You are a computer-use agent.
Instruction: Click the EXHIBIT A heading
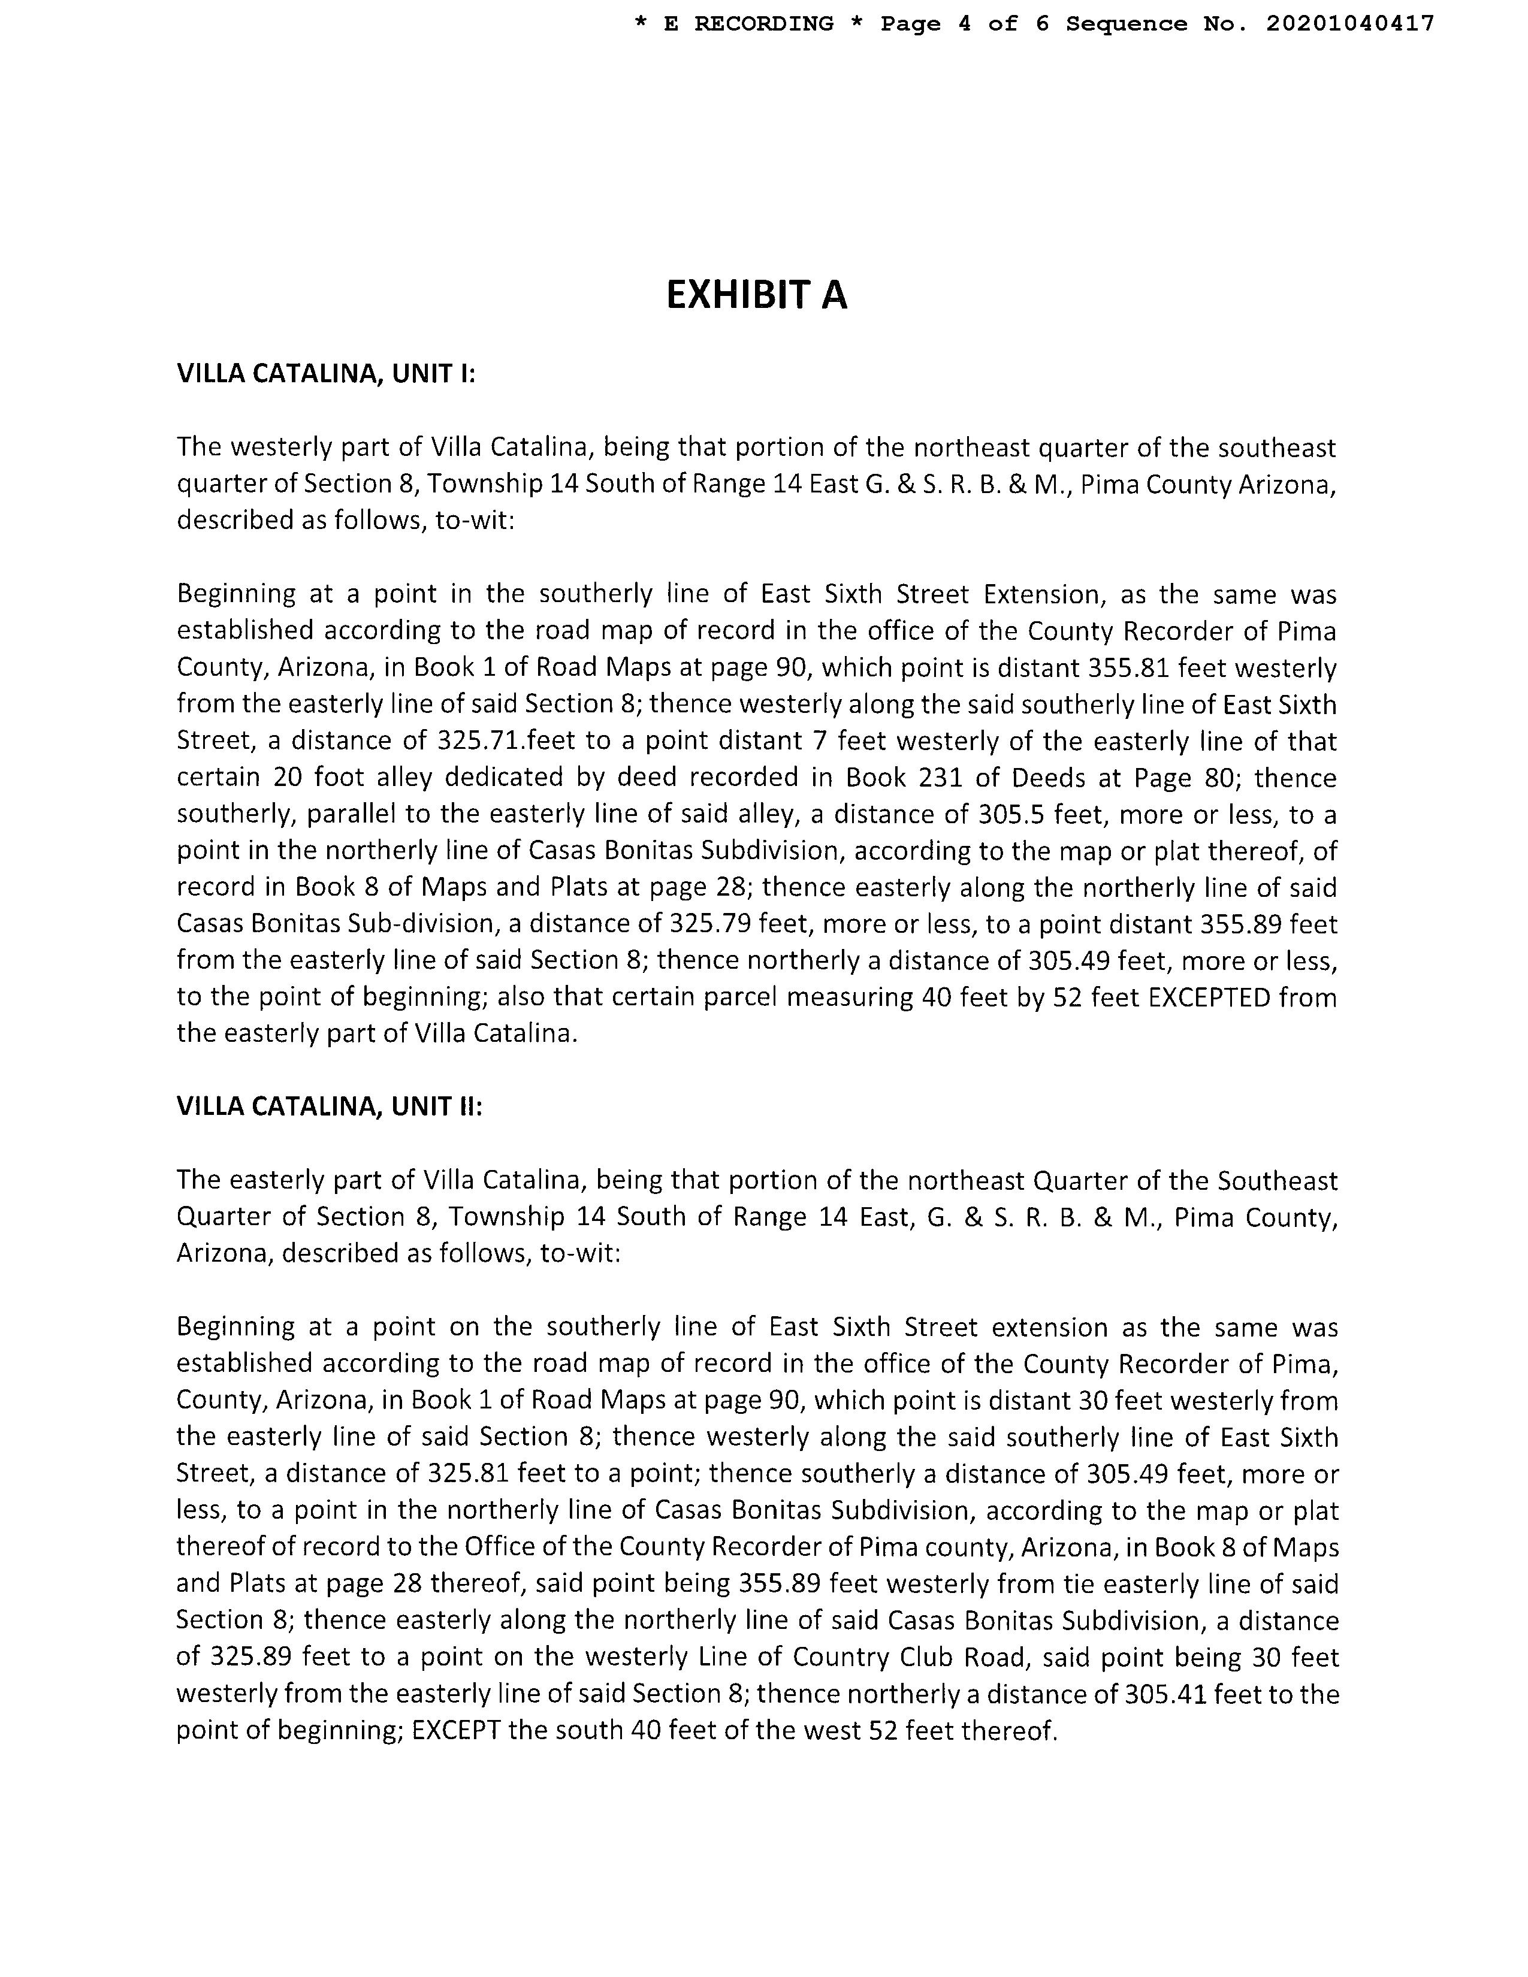click(756, 295)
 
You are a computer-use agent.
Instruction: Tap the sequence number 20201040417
click(1349, 23)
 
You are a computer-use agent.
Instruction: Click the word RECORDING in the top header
click(763, 23)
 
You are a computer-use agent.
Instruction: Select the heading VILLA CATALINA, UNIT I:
click(326, 374)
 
